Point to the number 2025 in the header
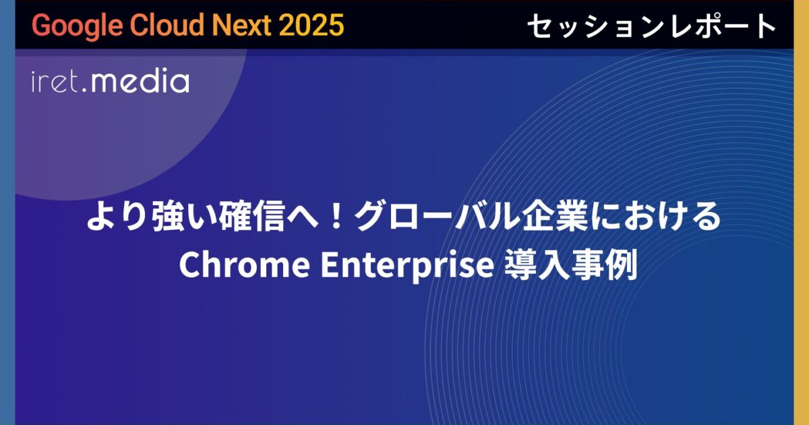coord(310,26)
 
